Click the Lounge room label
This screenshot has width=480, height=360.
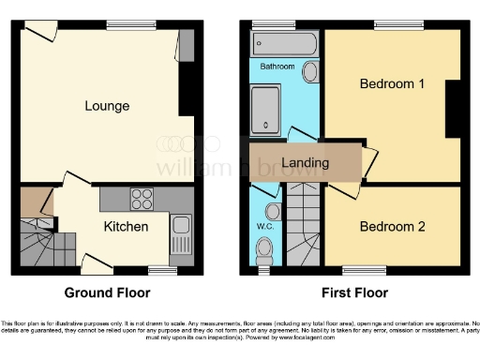click(106, 105)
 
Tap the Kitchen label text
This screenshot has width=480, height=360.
click(125, 226)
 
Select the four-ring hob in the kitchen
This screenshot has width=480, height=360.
click(142, 199)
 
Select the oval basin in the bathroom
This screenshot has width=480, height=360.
click(310, 68)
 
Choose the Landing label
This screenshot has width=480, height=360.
click(306, 163)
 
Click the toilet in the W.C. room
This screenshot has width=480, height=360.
click(266, 247)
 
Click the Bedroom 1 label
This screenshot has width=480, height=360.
click(393, 83)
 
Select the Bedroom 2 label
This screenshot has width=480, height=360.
click(393, 226)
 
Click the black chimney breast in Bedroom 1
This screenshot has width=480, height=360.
click(453, 108)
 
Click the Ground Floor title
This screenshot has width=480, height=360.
click(106, 292)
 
